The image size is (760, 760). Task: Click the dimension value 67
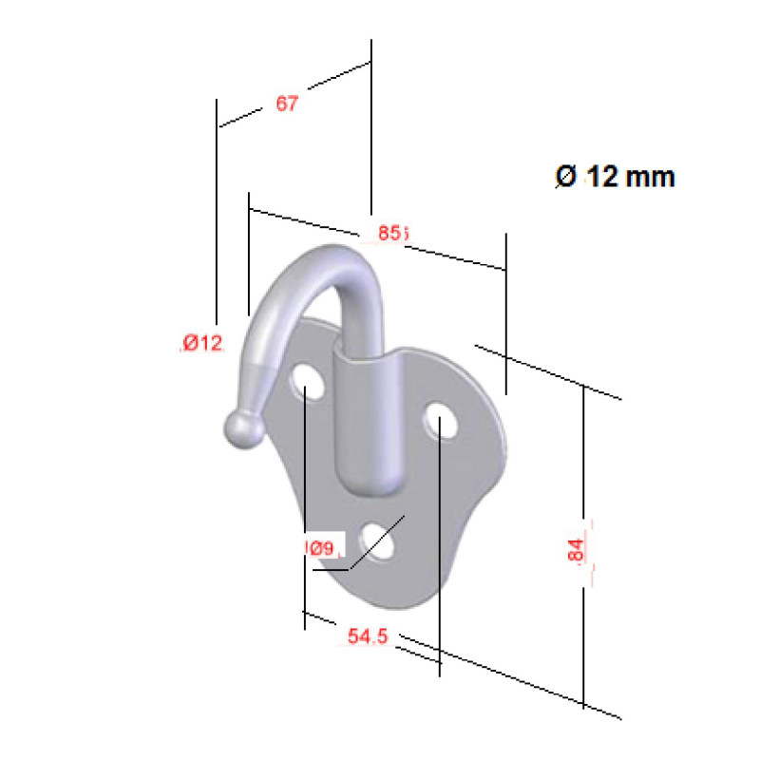point(287,104)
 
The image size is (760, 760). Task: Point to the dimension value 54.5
point(368,637)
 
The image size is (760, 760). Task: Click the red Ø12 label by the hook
point(202,343)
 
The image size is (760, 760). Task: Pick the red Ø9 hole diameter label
point(319,548)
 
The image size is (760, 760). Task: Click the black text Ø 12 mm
point(615,177)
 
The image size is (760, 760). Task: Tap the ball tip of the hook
point(242,431)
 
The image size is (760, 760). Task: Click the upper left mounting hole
point(306,383)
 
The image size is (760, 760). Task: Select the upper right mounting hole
point(442,422)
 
